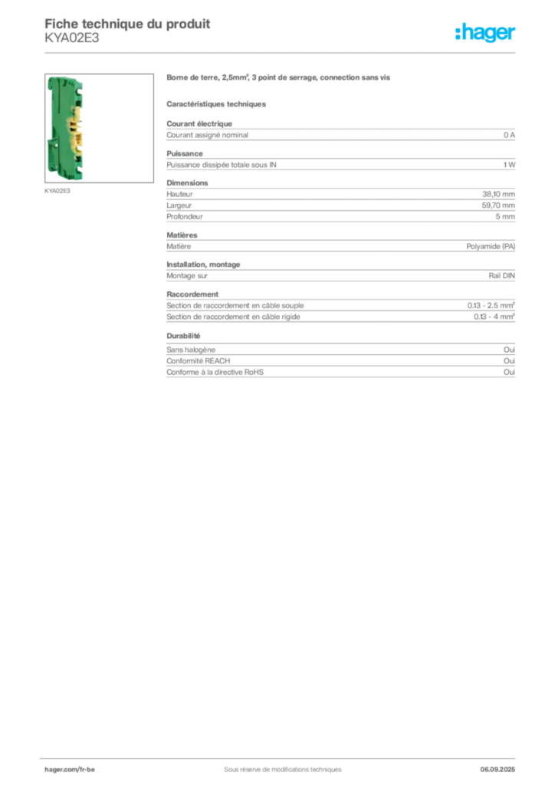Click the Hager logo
tap(485, 32)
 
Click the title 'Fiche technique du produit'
tap(127, 24)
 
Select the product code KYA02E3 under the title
tap(71, 38)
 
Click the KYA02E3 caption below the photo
tap(57, 191)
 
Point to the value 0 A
tap(509, 135)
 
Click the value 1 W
tap(509, 165)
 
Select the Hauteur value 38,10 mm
tap(498, 194)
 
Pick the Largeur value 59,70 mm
tap(498, 205)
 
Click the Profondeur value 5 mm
tap(505, 216)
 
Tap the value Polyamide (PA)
tap(491, 246)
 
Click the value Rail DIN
tap(501, 275)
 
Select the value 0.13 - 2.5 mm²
tap(491, 305)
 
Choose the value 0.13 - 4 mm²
tap(494, 317)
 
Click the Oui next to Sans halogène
tap(509, 350)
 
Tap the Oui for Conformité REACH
tap(509, 361)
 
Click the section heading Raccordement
tap(192, 294)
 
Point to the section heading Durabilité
tap(183, 336)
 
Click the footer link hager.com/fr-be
tap(70, 769)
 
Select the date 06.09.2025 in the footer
tap(498, 769)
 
